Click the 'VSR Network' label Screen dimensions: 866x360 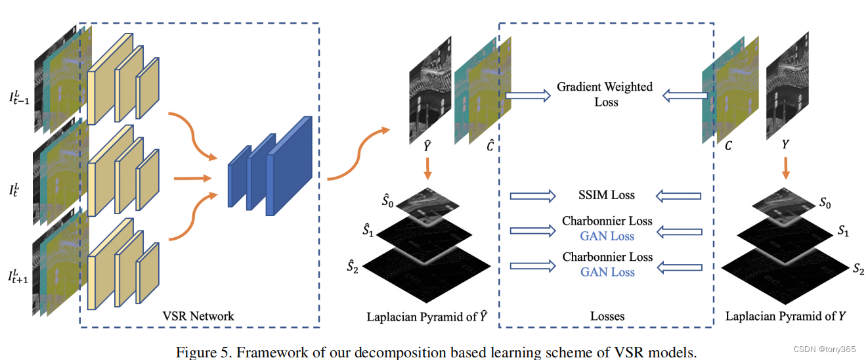coord(198,316)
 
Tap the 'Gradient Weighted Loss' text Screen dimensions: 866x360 coord(605,94)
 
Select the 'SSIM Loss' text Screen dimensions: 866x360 coord(607,194)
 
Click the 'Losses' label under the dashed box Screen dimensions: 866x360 coord(607,316)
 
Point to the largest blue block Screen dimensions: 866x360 coord(289,166)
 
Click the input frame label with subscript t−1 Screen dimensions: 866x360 coord(19,97)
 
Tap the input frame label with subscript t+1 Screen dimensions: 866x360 coord(18,276)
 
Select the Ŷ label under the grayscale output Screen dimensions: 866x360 coord(427,146)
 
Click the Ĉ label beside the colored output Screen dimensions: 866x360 coord(490,145)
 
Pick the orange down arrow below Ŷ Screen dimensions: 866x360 coord(427,169)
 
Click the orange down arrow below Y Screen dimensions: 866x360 coord(786,168)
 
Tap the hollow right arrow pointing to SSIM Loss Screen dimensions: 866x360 coord(532,196)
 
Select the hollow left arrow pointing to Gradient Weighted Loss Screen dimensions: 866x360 coord(685,95)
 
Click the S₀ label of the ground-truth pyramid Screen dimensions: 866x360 coord(825,202)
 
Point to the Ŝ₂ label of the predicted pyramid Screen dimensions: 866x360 coord(353,266)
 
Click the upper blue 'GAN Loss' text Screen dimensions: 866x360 coord(607,236)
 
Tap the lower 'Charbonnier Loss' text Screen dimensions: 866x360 coord(607,257)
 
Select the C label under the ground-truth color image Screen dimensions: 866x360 coord(728,145)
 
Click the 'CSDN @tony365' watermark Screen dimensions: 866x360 coord(825,349)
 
